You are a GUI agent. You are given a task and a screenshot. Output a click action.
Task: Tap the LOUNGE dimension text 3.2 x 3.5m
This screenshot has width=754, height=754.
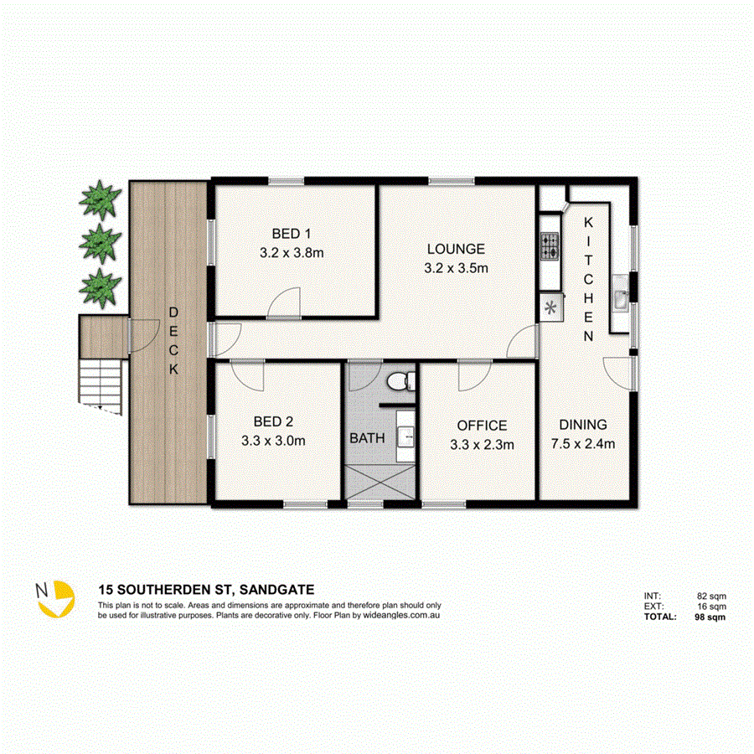point(456,268)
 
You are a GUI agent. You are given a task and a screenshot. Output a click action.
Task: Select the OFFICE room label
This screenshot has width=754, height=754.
point(481,426)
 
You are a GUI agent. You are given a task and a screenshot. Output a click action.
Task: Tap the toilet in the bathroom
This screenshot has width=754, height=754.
point(400,381)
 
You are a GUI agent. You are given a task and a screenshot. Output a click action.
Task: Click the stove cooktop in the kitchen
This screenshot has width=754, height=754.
point(550,245)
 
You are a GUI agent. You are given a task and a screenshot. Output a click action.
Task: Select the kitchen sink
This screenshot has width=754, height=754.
point(622,298)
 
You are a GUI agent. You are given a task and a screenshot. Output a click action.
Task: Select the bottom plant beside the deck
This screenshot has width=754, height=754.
point(101,287)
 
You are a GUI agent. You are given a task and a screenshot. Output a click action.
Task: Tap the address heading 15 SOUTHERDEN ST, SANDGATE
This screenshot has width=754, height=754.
point(205,590)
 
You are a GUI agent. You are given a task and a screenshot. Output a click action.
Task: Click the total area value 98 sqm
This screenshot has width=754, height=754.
point(710,617)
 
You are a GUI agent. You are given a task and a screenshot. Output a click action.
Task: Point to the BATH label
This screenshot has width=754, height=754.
point(366,438)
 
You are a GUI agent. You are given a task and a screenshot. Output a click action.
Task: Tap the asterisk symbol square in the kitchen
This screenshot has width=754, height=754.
point(551,307)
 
